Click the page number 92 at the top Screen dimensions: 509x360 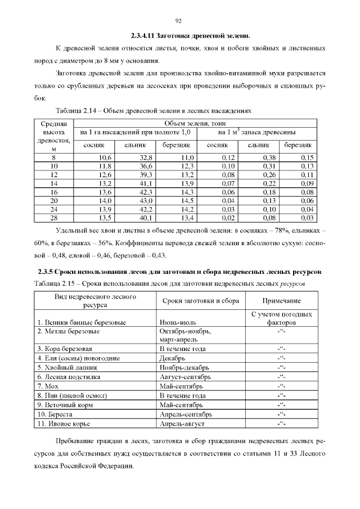pos(179,21)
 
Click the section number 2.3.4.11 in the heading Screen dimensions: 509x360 pos(143,35)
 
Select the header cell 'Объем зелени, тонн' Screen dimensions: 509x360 pos(195,123)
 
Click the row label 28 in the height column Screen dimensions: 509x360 pos(54,218)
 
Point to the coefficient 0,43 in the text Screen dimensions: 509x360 pos(158,255)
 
